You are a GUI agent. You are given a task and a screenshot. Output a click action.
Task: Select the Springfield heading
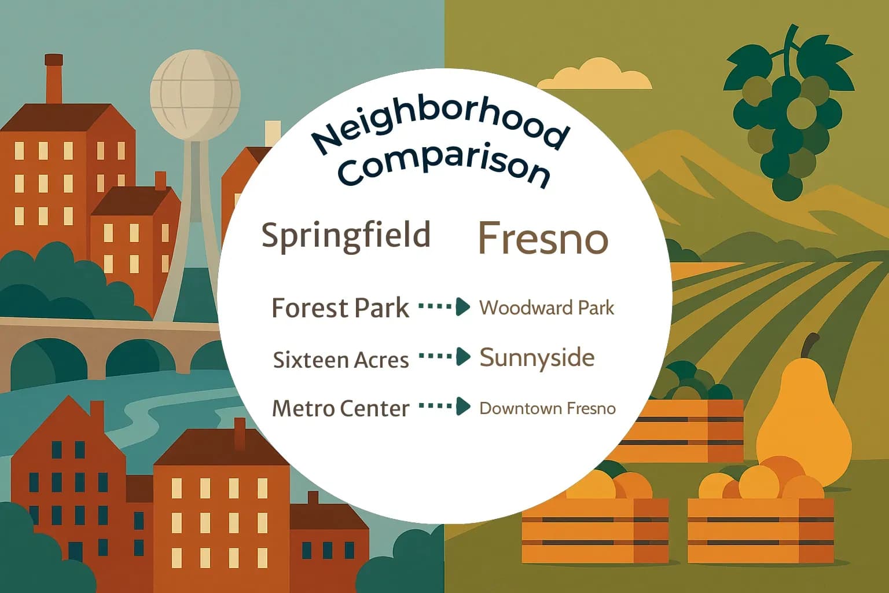point(346,235)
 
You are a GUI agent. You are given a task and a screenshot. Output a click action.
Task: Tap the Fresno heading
point(543,238)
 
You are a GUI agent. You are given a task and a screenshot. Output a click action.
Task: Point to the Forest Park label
point(340,308)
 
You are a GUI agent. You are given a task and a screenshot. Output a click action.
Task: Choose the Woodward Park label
point(546,308)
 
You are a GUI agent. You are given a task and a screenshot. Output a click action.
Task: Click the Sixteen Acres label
point(341,360)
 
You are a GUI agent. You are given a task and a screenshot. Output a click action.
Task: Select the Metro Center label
point(341,409)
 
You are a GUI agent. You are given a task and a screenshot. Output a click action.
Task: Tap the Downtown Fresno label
point(547,408)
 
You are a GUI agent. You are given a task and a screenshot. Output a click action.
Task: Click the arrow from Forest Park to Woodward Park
point(444,306)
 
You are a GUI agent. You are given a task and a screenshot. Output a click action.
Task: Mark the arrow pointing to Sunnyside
point(444,356)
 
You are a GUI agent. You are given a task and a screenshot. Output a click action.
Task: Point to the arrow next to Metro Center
point(444,407)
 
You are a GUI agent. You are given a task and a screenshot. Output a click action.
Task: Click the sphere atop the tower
point(195,93)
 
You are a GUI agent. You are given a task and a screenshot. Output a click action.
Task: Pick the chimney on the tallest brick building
point(53,78)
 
